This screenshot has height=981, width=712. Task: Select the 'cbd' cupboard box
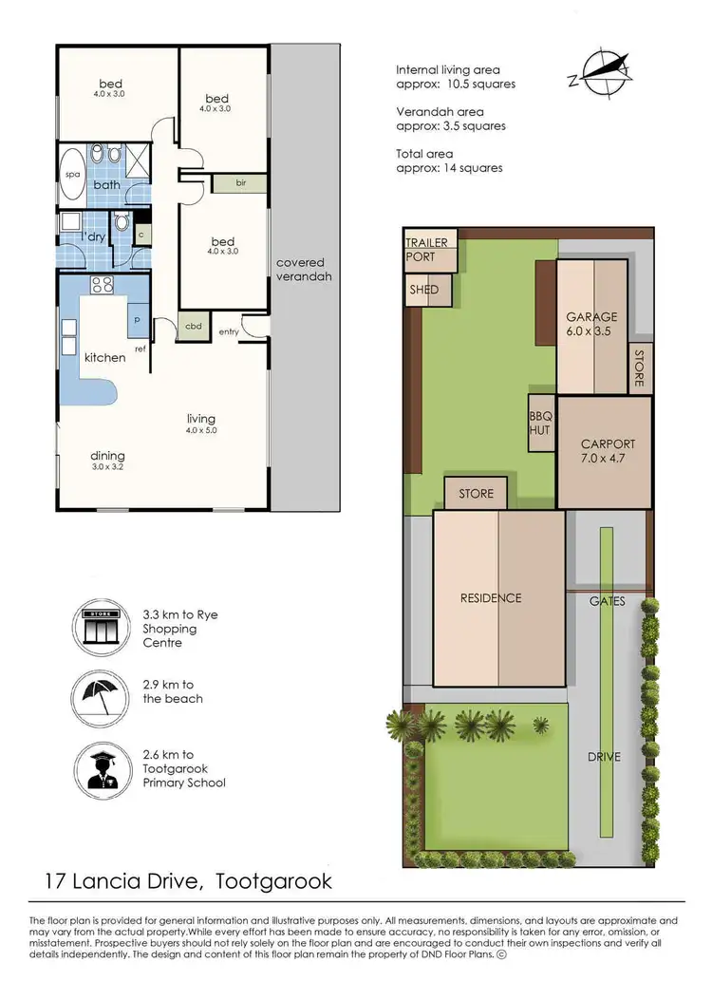pos(194,326)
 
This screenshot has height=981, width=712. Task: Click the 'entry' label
pos(229,331)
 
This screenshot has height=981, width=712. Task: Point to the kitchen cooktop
pos(103,284)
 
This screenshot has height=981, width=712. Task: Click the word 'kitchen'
pos(104,358)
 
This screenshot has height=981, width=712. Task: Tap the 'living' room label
pos(201,419)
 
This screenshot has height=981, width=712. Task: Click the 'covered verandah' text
pos(300,271)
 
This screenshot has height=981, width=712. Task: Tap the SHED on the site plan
pos(424,291)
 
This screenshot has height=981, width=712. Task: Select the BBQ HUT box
pos(540,423)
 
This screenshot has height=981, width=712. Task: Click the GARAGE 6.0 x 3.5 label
pos(591,324)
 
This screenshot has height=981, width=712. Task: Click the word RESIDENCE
pos(491,598)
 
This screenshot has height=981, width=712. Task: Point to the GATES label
pos(607,601)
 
